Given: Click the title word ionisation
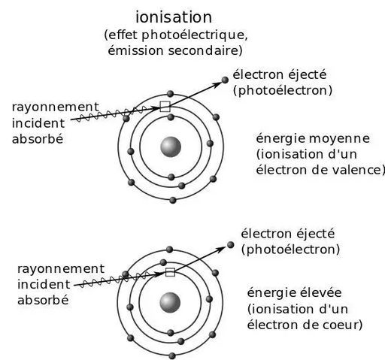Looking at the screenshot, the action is pyautogui.click(x=174, y=17).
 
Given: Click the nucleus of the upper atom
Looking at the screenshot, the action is pyautogui.click(x=171, y=147).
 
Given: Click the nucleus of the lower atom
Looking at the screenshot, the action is pyautogui.click(x=170, y=303).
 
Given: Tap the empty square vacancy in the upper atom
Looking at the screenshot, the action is pyautogui.click(x=165, y=107).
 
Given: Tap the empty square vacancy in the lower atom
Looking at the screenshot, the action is pyautogui.click(x=170, y=272).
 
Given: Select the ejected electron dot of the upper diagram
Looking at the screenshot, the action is pyautogui.click(x=225, y=80).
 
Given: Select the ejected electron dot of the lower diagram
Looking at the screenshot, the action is pyautogui.click(x=231, y=245).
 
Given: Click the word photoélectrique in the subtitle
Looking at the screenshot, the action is pyautogui.click(x=193, y=35).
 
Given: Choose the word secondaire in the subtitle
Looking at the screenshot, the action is pyautogui.click(x=203, y=50).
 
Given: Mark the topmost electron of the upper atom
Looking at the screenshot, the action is pyautogui.click(x=171, y=94).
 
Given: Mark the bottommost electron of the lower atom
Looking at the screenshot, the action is pyautogui.click(x=172, y=355).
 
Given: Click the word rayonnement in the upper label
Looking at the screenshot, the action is pyautogui.click(x=56, y=107).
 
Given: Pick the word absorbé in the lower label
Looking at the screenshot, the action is pyautogui.click(x=43, y=300).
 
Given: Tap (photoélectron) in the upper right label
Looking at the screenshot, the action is pyautogui.click(x=283, y=90).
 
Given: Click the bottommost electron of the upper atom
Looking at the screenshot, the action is pyautogui.click(x=173, y=200).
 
